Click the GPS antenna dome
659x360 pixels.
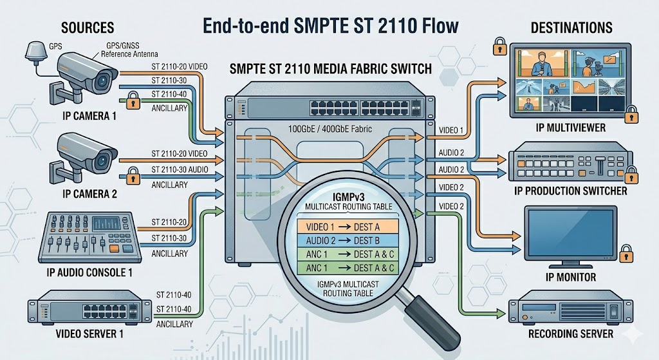pyautogui.click(x=35, y=50)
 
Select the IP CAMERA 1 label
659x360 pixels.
pyautogui.click(x=89, y=116)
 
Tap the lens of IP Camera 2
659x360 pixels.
pyautogui.click(x=102, y=160)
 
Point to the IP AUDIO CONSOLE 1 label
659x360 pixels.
pyautogui.click(x=89, y=272)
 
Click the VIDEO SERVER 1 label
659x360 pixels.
pyautogui.click(x=89, y=334)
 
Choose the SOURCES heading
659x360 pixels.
pyautogui.click(x=88, y=28)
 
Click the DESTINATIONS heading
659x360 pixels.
pyautogui.click(x=571, y=28)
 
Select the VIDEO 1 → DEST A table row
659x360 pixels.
pyautogui.click(x=348, y=227)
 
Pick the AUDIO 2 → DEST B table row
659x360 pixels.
pyautogui.click(x=348, y=241)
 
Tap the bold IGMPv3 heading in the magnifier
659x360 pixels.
pyautogui.click(x=348, y=196)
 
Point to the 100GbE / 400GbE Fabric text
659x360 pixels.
pyautogui.click(x=330, y=129)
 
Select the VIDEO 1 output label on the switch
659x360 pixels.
pyautogui.click(x=451, y=130)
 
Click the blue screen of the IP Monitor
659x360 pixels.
pyautogui.click(x=570, y=233)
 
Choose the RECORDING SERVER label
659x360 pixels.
pyautogui.click(x=571, y=334)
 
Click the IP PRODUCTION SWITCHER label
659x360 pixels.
pyautogui.click(x=571, y=191)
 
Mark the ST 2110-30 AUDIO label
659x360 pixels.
pyautogui.click(x=180, y=169)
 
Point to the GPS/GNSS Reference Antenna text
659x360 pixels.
pyautogui.click(x=129, y=50)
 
